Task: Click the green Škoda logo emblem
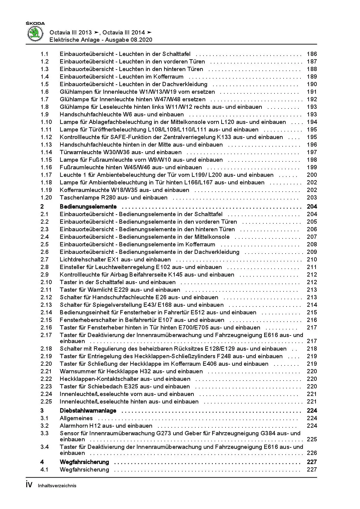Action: [x=36, y=33]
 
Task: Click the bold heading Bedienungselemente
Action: [x=88, y=207]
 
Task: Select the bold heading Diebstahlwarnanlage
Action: [x=88, y=411]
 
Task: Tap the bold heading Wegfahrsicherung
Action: [x=84, y=462]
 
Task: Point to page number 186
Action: [x=312, y=54]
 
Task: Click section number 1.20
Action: [x=46, y=198]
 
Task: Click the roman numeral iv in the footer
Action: [x=29, y=485]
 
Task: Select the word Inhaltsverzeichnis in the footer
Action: [x=57, y=486]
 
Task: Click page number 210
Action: [x=312, y=260]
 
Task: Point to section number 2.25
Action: [x=46, y=402]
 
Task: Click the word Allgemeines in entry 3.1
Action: [x=76, y=418]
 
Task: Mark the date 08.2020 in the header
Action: [x=142, y=40]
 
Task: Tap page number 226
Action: [x=312, y=453]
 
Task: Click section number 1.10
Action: [x=46, y=122]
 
